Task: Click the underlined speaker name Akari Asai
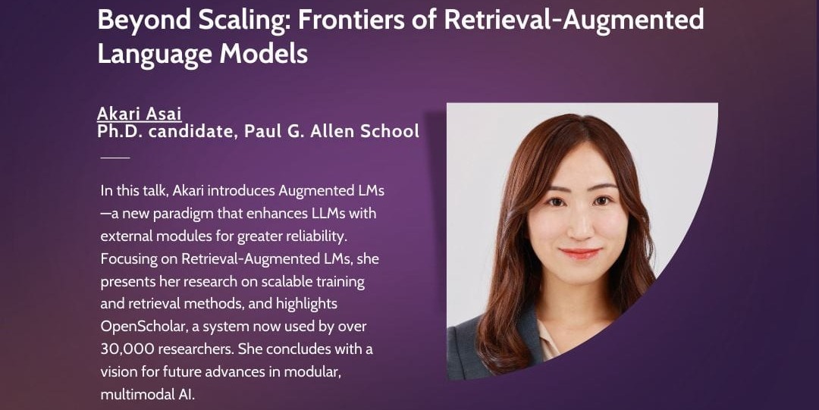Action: pyautogui.click(x=140, y=114)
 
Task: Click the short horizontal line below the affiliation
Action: pyautogui.click(x=115, y=158)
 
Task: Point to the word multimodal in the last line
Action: pyautogui.click(x=134, y=395)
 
